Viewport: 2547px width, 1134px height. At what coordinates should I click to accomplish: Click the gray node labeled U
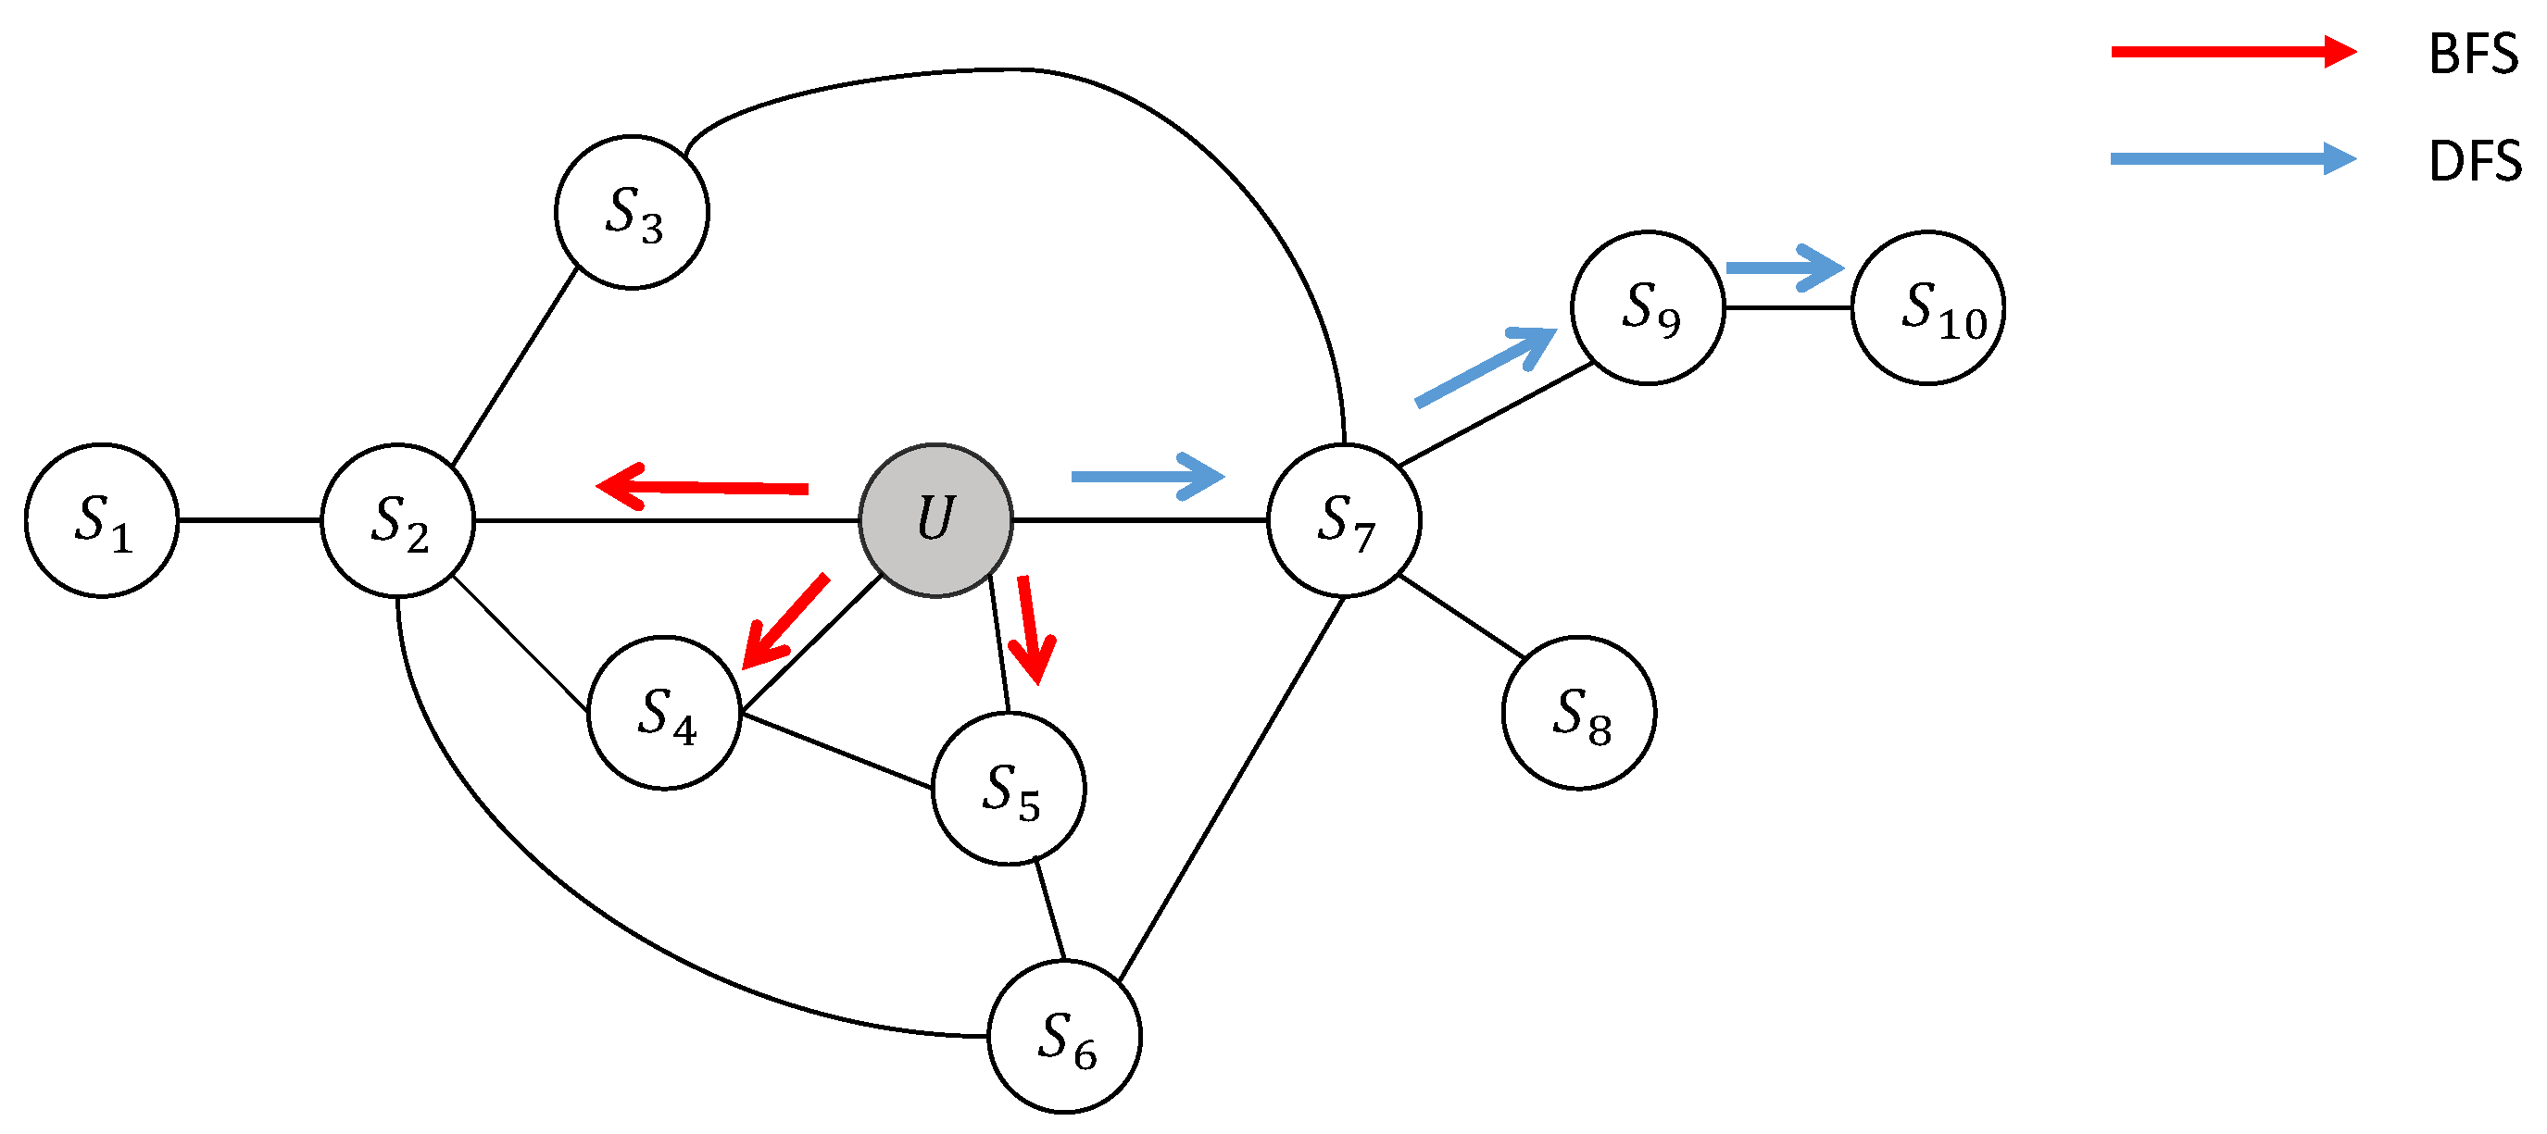(935, 520)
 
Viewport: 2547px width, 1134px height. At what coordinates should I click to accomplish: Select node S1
(102, 520)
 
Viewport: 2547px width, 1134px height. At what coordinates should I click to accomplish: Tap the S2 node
(397, 520)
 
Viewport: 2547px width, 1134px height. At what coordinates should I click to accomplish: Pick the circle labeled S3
(632, 213)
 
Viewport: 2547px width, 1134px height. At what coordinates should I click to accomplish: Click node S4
(664, 713)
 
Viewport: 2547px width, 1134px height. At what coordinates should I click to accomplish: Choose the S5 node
(1009, 789)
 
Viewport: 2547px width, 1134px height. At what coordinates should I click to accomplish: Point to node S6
(1065, 1037)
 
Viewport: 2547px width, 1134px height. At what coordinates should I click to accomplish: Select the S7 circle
(1344, 520)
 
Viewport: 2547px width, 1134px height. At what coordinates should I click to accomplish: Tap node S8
(1579, 713)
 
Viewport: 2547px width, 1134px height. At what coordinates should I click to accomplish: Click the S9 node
(1649, 307)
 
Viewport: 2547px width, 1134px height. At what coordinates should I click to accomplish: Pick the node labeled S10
(1928, 307)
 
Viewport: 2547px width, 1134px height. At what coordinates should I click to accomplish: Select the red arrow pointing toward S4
(785, 621)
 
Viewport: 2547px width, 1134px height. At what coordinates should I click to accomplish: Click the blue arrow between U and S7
(1148, 477)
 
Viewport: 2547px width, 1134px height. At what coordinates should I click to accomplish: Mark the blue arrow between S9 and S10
(1785, 268)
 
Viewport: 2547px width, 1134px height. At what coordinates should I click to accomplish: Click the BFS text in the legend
(2473, 55)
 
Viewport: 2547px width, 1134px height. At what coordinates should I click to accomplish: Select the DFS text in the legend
(2475, 161)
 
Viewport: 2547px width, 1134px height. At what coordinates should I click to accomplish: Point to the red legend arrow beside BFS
(2234, 52)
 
